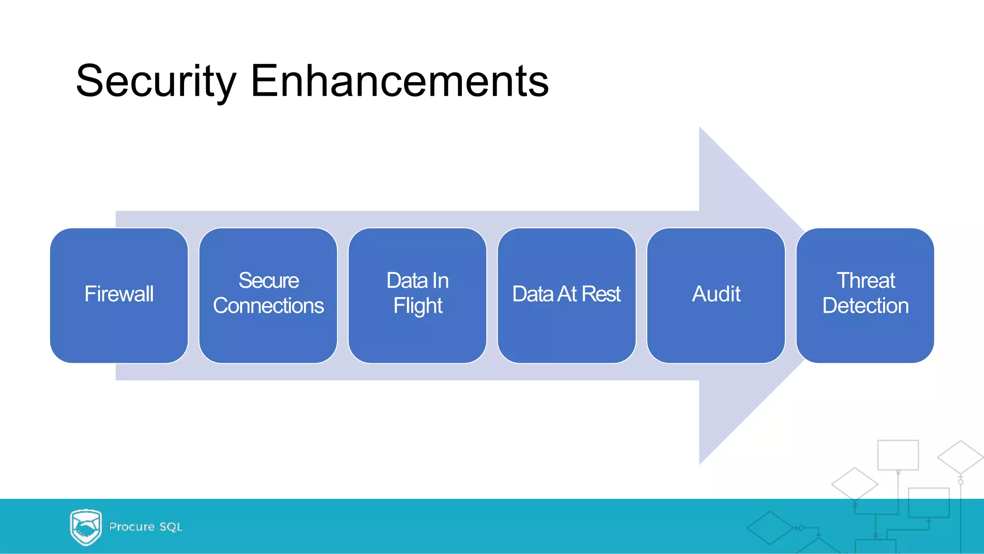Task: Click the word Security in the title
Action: click(156, 82)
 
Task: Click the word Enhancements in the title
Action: click(399, 82)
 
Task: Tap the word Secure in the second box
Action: click(269, 281)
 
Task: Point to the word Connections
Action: click(268, 306)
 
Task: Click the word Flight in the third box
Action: click(418, 306)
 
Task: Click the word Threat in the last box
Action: click(866, 281)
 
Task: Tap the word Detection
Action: click(865, 306)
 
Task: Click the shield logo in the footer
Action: click(86, 527)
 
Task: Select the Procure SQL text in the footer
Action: click(146, 527)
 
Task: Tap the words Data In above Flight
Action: click(418, 281)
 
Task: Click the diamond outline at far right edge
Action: click(960, 457)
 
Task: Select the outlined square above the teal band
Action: click(898, 455)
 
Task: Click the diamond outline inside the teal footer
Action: click(770, 528)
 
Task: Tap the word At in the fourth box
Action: click(567, 294)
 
